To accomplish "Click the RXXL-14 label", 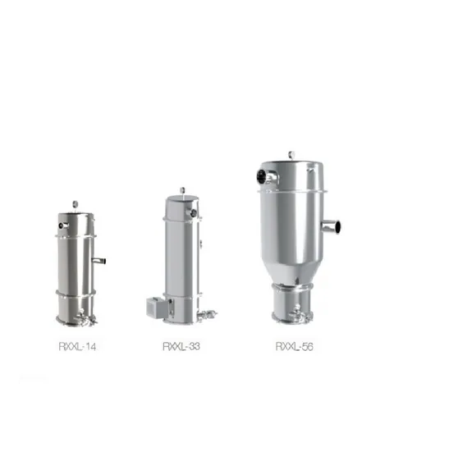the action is pyautogui.click(x=77, y=347).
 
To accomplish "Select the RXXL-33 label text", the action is pyautogui.click(x=181, y=346).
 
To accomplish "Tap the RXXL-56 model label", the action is pyautogui.click(x=294, y=346).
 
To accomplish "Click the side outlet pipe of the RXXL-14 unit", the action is pyautogui.click(x=99, y=261).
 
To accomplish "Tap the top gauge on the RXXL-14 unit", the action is pyautogui.click(x=76, y=204).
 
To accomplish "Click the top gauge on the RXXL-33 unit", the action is pyautogui.click(x=182, y=190).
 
